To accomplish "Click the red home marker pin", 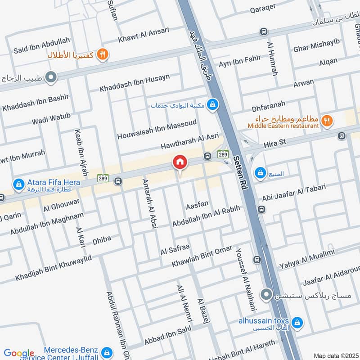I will [180, 162].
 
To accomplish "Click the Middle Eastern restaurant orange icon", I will [327, 120].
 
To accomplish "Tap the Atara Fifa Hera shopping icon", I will [18, 184].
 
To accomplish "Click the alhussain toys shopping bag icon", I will [297, 322].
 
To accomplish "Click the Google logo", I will [19, 353].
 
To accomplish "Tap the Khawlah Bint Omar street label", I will [202, 256].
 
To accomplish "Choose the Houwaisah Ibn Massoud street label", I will [157, 129].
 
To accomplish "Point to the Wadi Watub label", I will [51, 119].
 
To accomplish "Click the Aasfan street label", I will [197, 204].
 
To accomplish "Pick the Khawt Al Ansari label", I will [144, 36].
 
